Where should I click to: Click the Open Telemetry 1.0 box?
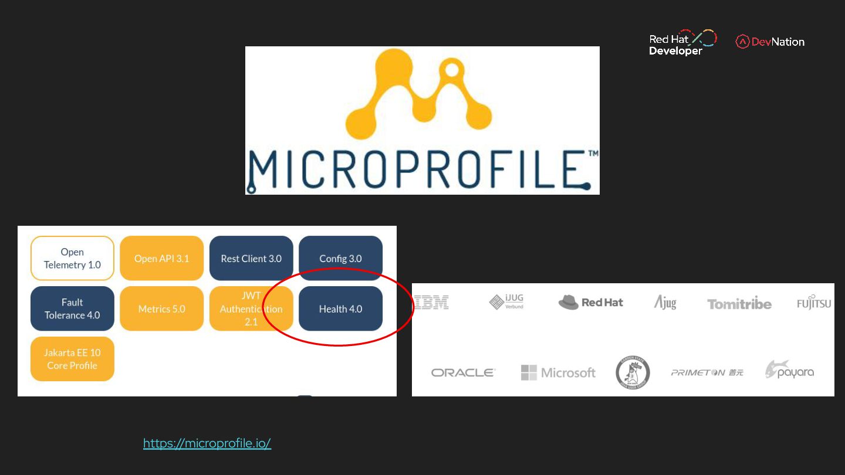[72, 259]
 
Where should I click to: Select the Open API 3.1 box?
[161, 259]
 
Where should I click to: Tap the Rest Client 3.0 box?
[251, 259]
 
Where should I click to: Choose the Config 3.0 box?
[340, 259]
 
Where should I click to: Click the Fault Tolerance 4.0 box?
[72, 308]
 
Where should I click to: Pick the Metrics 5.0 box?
[161, 308]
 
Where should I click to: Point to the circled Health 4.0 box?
[340, 308]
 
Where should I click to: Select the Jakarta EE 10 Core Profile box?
[72, 359]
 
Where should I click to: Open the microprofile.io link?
[207, 443]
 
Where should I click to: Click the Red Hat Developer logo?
[682, 42]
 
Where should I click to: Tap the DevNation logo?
[770, 42]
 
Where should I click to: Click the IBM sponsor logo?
[431, 303]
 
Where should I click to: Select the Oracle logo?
[463, 372]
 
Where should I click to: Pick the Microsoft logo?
[558, 372]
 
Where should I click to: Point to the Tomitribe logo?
[739, 304]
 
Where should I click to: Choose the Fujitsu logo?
[814, 302]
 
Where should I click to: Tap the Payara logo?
[789, 371]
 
